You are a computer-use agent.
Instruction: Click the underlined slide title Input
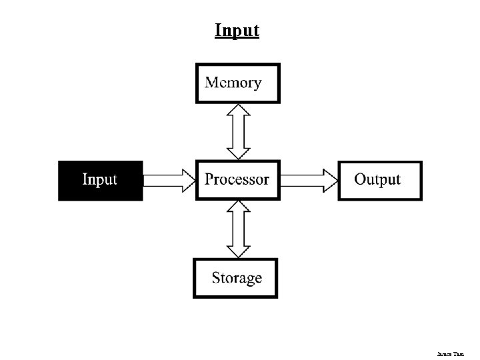pyautogui.click(x=237, y=31)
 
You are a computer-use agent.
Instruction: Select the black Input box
pyautogui.click(x=100, y=180)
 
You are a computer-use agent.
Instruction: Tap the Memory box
pyautogui.click(x=238, y=83)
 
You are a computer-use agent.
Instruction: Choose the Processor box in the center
pyautogui.click(x=237, y=179)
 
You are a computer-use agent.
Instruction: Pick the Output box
pyautogui.click(x=379, y=180)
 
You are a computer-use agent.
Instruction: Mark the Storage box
pyautogui.click(x=236, y=278)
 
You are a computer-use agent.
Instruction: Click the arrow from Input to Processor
pyautogui.click(x=168, y=180)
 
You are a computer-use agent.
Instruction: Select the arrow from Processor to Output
pyautogui.click(x=308, y=180)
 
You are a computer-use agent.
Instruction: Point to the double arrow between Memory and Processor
pyautogui.click(x=238, y=131)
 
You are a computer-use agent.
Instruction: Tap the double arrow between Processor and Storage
pyautogui.click(x=238, y=229)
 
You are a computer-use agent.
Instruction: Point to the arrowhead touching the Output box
pyautogui.click(x=330, y=180)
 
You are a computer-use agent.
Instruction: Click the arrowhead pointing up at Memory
pyautogui.click(x=238, y=110)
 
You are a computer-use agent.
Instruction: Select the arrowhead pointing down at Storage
pyautogui.click(x=238, y=251)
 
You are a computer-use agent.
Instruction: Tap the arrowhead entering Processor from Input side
pyautogui.click(x=187, y=180)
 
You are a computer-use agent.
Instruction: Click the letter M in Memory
pyautogui.click(x=213, y=83)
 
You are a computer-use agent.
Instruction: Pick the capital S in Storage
pyautogui.click(x=216, y=277)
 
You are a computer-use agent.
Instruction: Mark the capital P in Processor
pyautogui.click(x=209, y=179)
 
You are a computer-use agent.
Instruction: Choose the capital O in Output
pyautogui.click(x=361, y=179)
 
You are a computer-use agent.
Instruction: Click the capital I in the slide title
pyautogui.click(x=218, y=31)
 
